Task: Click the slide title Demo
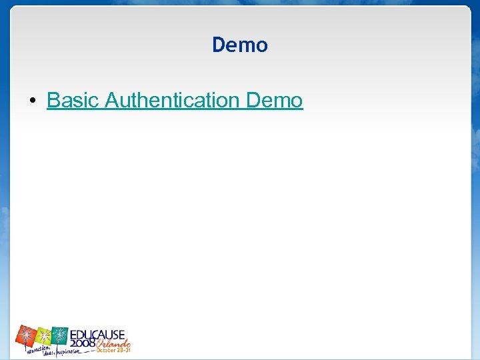(x=240, y=45)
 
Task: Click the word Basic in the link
(x=73, y=101)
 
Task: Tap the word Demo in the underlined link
(x=274, y=101)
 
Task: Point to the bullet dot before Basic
(x=32, y=101)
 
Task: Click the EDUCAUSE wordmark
(x=97, y=333)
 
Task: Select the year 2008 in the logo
(x=83, y=343)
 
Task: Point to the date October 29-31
(x=113, y=350)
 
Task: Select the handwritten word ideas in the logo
(x=49, y=353)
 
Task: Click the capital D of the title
(x=219, y=45)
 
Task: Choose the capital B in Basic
(x=53, y=101)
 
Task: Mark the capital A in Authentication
(x=113, y=101)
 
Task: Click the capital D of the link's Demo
(x=253, y=101)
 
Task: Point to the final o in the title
(x=262, y=47)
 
